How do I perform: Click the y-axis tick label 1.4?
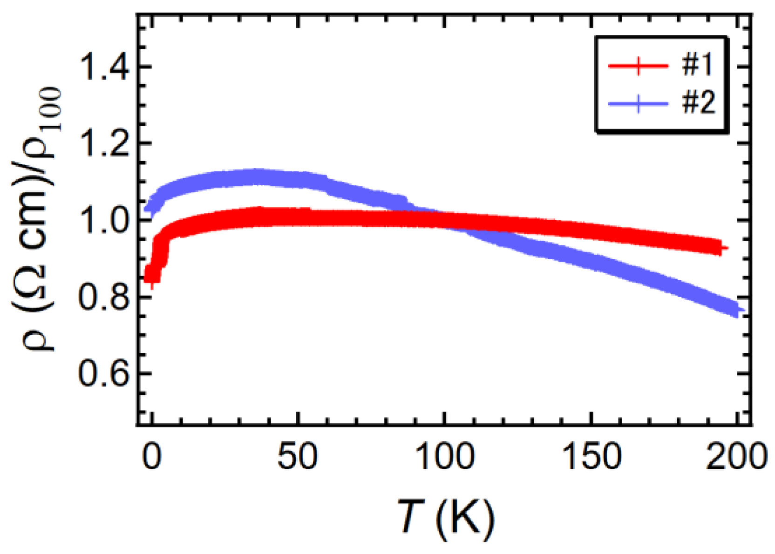104,67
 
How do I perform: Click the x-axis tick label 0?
151,457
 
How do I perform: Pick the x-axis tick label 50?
297,457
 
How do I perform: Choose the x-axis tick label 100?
444,457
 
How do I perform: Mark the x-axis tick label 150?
591,457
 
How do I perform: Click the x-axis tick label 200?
736,457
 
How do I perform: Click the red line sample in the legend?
638,66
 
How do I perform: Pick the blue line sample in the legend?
638,104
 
